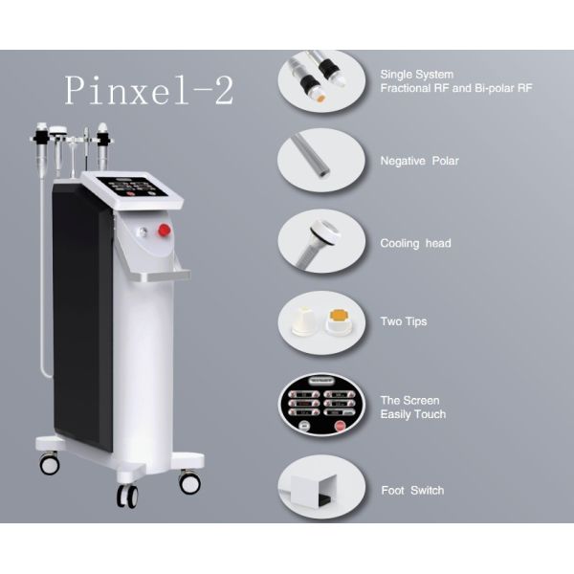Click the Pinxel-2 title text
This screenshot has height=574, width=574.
pyautogui.click(x=148, y=90)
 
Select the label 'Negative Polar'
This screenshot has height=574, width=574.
pyautogui.click(x=419, y=161)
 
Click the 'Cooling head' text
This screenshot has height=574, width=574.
pyautogui.click(x=415, y=243)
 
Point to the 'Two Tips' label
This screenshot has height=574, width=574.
pyautogui.click(x=404, y=321)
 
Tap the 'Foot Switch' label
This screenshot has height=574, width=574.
pyautogui.click(x=412, y=491)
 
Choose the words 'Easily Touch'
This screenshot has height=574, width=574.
pyautogui.click(x=413, y=414)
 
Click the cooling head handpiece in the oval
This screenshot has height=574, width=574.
pyautogui.click(x=317, y=240)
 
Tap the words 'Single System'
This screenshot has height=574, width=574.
pyautogui.click(x=417, y=74)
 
